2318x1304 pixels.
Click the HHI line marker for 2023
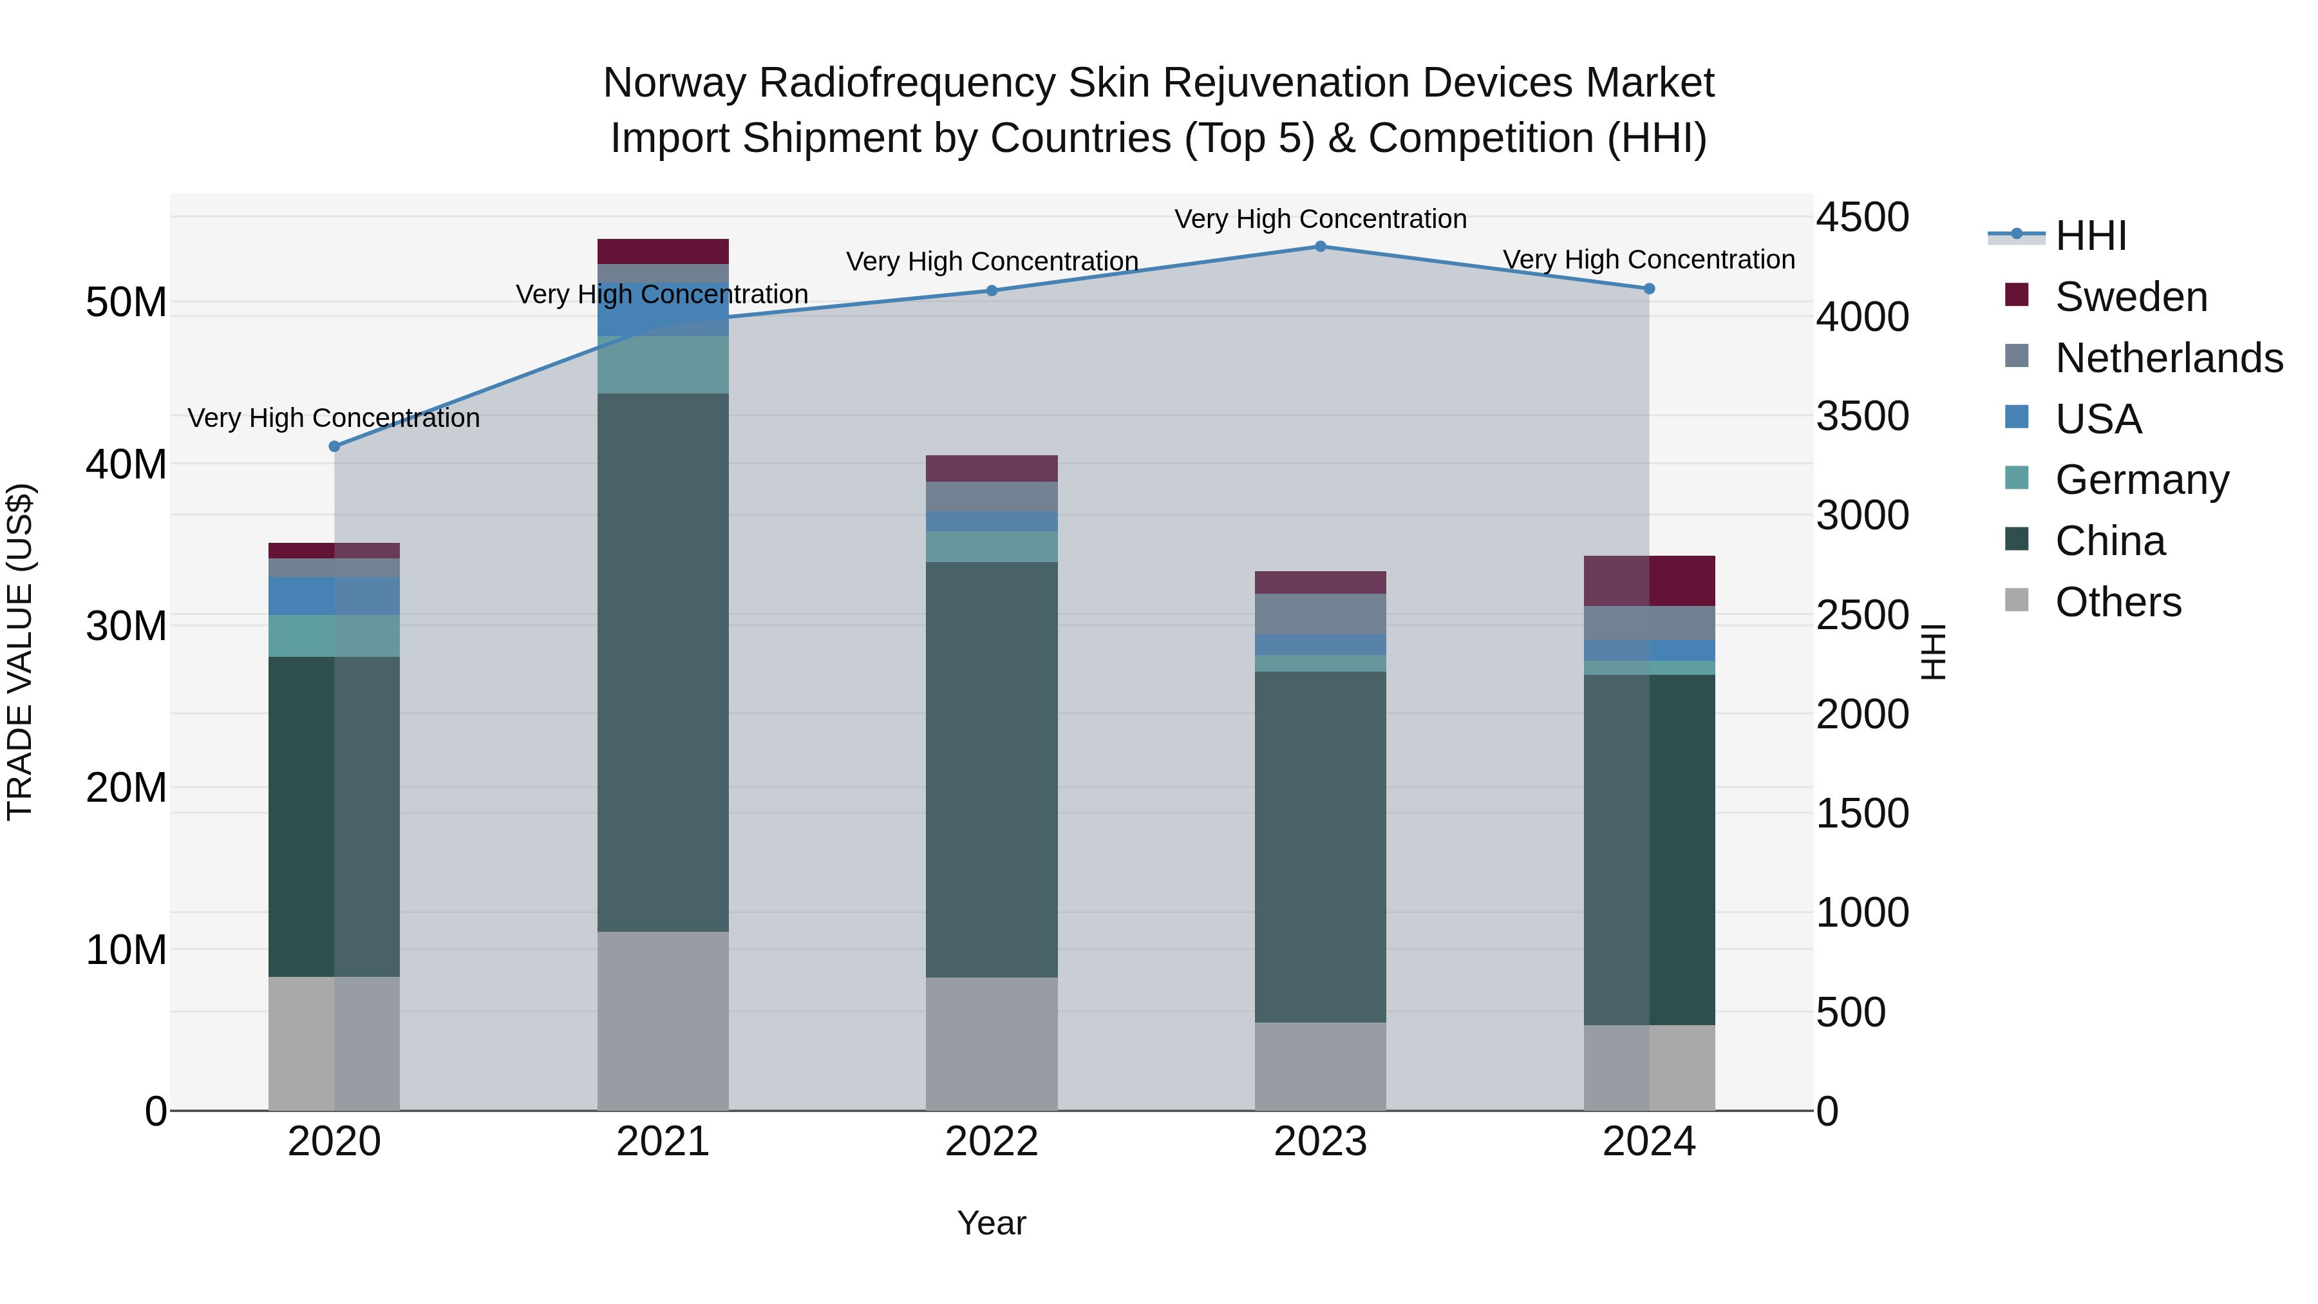(x=1320, y=247)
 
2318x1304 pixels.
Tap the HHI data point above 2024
(x=1648, y=289)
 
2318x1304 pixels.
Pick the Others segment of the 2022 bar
(x=992, y=1043)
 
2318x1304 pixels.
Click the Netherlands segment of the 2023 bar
(x=1320, y=614)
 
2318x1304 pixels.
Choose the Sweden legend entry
(x=2130, y=297)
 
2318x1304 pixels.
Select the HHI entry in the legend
(x=2089, y=236)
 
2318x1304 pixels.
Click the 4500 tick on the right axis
(x=1861, y=218)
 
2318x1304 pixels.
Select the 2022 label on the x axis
(x=992, y=1142)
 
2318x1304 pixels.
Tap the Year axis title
(x=992, y=1223)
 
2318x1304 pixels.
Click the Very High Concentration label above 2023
(x=1320, y=219)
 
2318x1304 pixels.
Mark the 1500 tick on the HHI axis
(x=1861, y=813)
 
